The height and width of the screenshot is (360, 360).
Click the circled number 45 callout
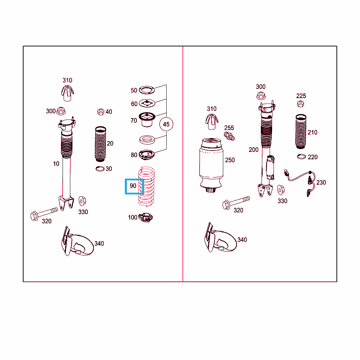[x=166, y=124]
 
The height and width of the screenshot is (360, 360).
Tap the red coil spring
[x=147, y=186]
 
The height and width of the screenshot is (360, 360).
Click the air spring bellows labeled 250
[x=211, y=165]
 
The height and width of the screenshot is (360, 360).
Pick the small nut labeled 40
[x=101, y=112]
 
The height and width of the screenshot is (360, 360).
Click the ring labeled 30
[x=100, y=169]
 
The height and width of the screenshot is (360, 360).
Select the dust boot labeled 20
[x=100, y=144]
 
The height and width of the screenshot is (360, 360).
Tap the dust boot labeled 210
[x=301, y=131]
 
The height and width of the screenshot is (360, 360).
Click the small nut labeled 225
[x=301, y=104]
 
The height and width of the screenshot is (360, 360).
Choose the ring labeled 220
[x=301, y=156]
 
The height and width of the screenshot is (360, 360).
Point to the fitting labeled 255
[x=229, y=136]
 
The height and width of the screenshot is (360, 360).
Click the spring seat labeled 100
[x=146, y=217]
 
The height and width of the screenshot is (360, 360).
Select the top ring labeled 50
[x=147, y=90]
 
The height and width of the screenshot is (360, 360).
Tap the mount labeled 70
[x=147, y=120]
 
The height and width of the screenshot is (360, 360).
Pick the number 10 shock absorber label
[x=56, y=164]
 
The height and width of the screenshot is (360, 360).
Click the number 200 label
[x=253, y=150]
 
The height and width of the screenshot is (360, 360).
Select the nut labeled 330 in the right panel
[x=281, y=189]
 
